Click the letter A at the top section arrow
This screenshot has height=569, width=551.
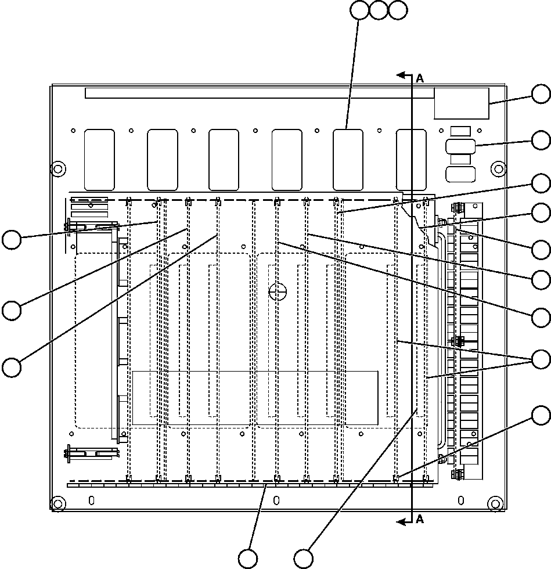coord(420,79)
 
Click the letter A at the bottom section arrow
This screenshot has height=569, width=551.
coord(420,519)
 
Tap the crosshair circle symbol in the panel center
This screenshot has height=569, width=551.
coord(278,291)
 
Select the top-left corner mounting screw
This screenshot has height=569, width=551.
coord(57,168)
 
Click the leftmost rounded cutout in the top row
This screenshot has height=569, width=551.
coord(100,159)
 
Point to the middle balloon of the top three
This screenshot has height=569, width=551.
coord(379,10)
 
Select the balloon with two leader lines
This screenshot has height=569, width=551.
coord(542,359)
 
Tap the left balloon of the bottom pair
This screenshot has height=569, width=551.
coord(248,559)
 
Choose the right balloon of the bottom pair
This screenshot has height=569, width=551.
coord(304,559)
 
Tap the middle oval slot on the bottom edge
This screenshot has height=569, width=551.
coord(276,499)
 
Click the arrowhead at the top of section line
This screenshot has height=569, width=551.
coord(400,75)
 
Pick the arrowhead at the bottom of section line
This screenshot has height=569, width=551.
coord(400,523)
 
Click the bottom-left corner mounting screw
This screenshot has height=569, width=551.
coord(57,503)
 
